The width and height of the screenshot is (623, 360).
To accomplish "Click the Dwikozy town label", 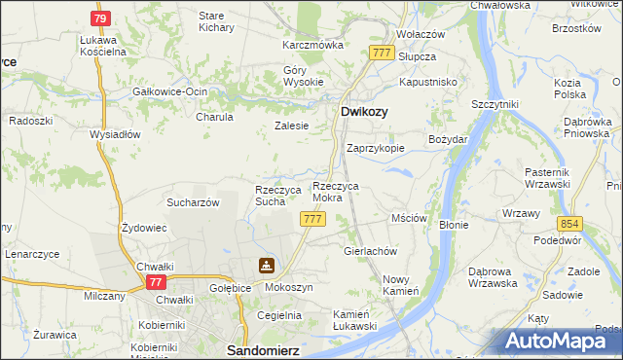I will click(364, 112).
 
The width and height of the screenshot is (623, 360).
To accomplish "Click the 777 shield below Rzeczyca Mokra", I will click(312, 220).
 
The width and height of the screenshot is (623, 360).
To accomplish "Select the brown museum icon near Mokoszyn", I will click(266, 266).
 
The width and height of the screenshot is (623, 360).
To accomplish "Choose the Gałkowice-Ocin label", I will click(170, 91).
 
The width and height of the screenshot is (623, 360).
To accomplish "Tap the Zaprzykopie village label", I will click(376, 148).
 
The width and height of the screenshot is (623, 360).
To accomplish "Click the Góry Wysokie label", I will click(303, 76).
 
